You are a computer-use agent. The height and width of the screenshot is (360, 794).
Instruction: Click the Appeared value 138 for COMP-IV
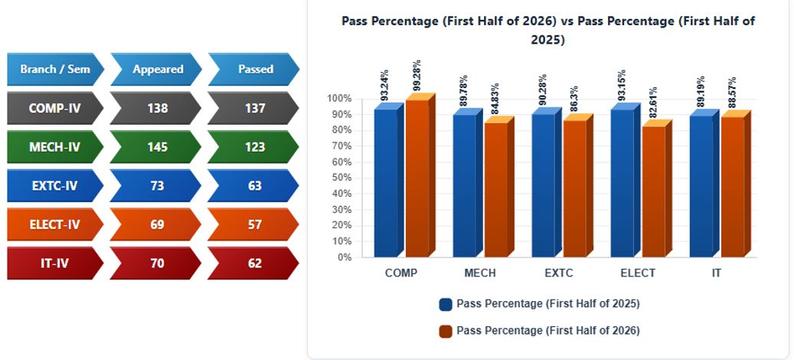157,108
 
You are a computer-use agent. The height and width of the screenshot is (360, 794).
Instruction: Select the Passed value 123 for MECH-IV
255,147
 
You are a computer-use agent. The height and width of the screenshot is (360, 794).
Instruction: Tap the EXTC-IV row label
54,186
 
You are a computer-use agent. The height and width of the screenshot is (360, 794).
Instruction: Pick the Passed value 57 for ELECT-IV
255,224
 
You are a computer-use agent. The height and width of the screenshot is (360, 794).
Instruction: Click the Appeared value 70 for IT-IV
157,263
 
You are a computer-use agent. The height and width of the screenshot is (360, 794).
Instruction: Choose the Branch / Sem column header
54,69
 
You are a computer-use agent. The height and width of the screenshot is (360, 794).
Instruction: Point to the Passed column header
256,69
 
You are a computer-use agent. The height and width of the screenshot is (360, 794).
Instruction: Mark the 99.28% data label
417,76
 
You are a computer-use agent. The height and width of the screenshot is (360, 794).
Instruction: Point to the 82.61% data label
654,103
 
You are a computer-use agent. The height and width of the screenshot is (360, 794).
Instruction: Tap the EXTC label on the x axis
559,273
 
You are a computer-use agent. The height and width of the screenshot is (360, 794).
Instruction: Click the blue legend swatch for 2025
446,304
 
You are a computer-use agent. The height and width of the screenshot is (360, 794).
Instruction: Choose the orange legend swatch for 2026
446,331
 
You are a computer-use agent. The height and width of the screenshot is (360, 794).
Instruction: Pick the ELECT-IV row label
54,224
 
